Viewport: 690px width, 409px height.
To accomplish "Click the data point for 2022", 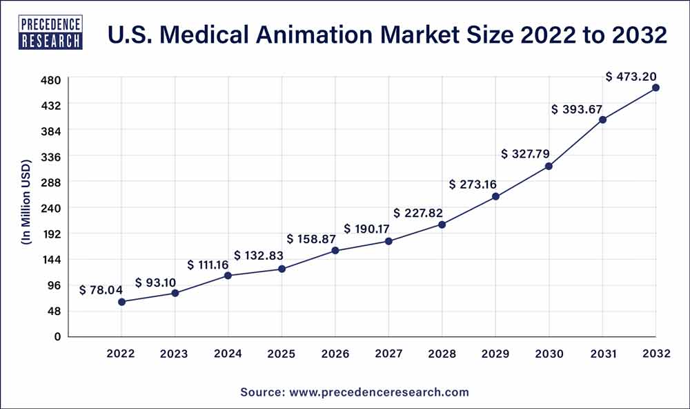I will [x=121, y=302].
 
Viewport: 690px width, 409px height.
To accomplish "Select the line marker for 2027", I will [x=388, y=241].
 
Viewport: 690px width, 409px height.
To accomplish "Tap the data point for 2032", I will [x=655, y=88].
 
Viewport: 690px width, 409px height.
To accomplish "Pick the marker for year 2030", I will [x=549, y=167].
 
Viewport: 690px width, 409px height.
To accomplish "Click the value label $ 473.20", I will [x=631, y=77].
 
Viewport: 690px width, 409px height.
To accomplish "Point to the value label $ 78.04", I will [x=101, y=290].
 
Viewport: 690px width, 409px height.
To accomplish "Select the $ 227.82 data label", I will [x=418, y=213].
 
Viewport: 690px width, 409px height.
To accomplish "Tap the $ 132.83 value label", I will [x=259, y=256].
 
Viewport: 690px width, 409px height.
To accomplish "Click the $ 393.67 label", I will [x=576, y=109].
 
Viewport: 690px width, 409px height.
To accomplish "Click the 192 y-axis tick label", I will [x=52, y=234].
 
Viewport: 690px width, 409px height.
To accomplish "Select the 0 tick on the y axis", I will [x=58, y=336].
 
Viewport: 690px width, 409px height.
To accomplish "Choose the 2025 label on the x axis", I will [x=282, y=353].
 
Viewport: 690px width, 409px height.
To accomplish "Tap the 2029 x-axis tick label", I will [x=495, y=353].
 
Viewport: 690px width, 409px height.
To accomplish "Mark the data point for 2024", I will [x=228, y=276].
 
